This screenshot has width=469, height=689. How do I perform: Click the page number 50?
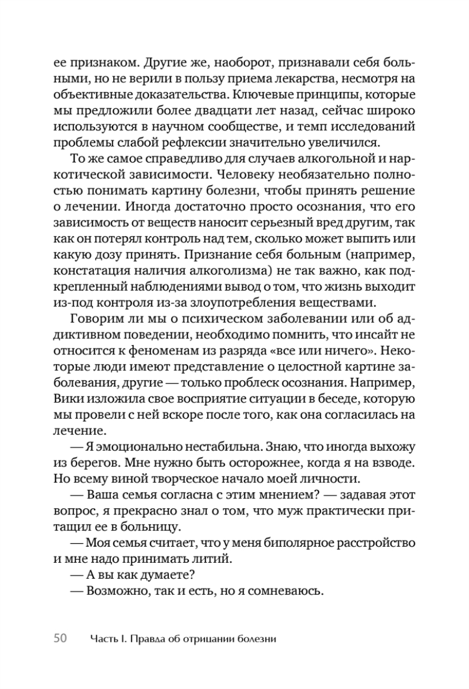(61, 638)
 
